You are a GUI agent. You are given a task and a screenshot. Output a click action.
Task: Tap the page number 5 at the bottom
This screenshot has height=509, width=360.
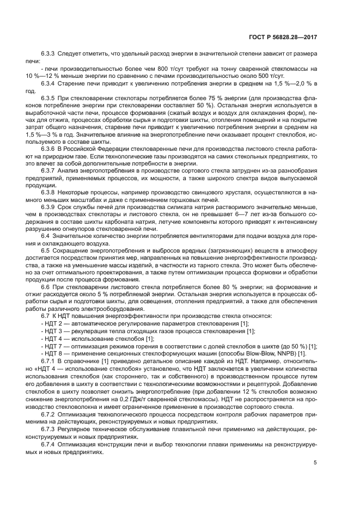315,463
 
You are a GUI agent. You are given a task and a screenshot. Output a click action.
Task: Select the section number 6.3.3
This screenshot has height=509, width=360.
50,55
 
